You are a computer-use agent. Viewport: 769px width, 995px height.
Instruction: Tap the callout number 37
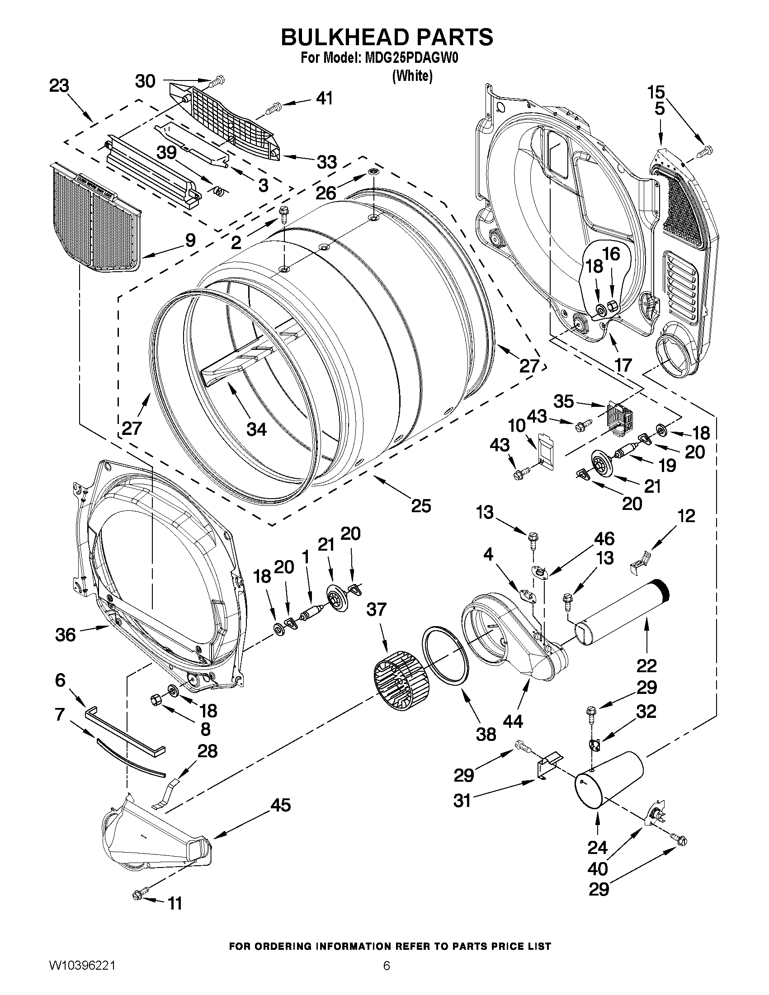(x=376, y=609)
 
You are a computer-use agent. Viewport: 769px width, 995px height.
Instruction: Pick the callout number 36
(x=65, y=635)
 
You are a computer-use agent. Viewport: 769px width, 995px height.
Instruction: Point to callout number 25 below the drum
(x=420, y=506)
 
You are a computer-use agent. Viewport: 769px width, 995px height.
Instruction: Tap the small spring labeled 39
(x=219, y=192)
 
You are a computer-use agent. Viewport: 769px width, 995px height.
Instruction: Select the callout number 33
(x=327, y=162)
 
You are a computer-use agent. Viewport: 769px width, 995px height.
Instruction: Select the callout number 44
(x=513, y=721)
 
